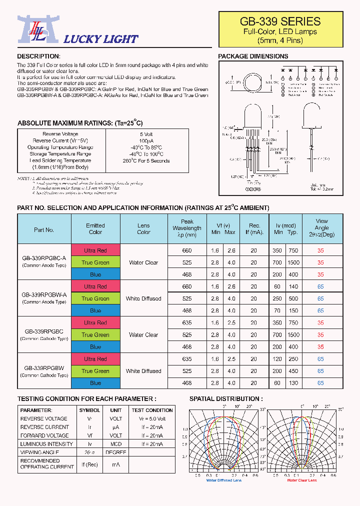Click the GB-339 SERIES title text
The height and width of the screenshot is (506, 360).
[280, 21]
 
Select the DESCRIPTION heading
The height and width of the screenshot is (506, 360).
[38, 56]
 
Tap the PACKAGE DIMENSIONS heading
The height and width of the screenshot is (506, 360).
[253, 56]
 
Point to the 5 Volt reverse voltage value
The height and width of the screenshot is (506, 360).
[146, 134]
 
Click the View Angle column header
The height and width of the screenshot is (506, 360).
[321, 227]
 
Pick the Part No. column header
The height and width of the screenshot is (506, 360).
[44, 230]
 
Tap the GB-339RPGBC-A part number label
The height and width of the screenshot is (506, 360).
[44, 258]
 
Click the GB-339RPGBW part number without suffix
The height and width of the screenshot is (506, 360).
[44, 367]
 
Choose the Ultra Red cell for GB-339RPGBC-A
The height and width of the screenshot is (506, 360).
[95, 250]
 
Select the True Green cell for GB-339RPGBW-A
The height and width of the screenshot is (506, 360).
[95, 298]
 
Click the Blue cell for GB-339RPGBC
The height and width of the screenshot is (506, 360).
[95, 347]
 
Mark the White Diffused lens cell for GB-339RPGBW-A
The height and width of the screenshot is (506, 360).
[143, 298]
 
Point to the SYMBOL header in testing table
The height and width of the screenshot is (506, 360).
[89, 410]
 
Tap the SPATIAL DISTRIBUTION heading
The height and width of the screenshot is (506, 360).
[225, 398]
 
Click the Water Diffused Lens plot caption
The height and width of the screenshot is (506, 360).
[224, 480]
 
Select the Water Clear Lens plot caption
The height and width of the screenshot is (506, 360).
[301, 480]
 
